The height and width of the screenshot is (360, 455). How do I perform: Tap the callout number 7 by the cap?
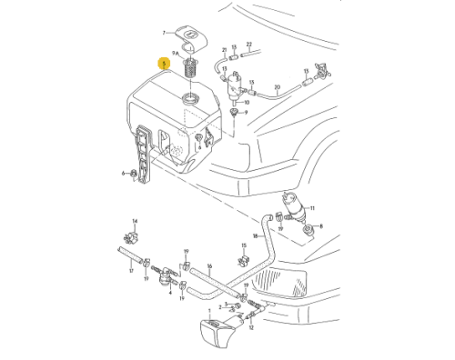tap(165, 32)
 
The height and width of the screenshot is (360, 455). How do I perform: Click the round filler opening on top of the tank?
tap(191, 97)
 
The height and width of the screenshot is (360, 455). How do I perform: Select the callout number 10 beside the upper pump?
tap(246, 103)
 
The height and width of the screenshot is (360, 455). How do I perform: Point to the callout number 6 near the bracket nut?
tap(123, 172)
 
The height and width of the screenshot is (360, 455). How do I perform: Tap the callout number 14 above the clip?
tap(134, 221)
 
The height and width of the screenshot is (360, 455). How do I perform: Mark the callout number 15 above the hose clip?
tap(246, 246)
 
